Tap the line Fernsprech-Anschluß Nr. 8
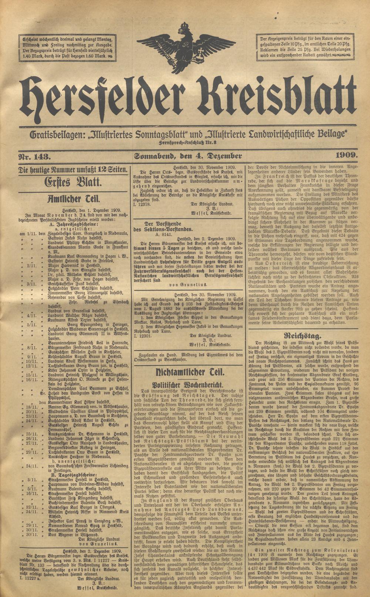(x=187, y=143)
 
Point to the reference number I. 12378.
(x=142, y=203)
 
